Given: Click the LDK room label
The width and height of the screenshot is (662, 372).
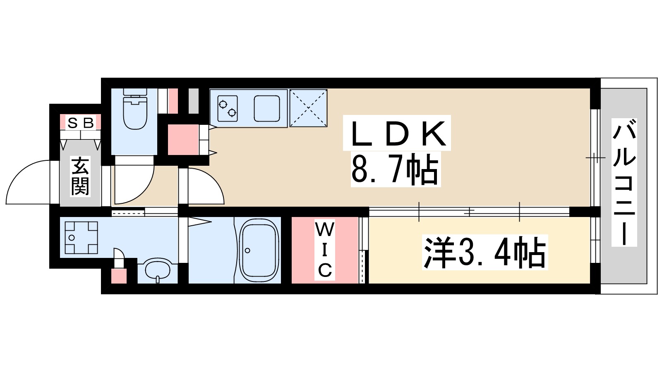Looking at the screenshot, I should pos(396,133).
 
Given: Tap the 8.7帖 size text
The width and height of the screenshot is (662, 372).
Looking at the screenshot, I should pos(395,169).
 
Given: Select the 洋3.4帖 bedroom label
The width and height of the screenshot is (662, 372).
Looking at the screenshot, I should pos(485,253).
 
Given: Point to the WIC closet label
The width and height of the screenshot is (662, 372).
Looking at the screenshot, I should pos(325,250).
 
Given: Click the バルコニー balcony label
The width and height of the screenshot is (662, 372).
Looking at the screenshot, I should pos(624,182).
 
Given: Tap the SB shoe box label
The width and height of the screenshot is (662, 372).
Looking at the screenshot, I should pos(81,122).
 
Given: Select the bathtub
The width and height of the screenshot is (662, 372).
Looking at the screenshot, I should pos(259,250).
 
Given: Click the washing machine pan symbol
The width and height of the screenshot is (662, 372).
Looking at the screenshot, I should pos(81,238).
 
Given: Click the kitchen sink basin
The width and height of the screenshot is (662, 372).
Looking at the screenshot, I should pos(267,108).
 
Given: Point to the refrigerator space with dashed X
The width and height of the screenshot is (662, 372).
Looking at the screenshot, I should pos(308,108).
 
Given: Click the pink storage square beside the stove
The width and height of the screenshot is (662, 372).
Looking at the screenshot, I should pos(183,139).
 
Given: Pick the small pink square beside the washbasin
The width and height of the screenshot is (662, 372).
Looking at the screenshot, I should pos(119,275).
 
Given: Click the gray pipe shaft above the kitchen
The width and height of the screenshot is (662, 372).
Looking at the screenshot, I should pos(193,101).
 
